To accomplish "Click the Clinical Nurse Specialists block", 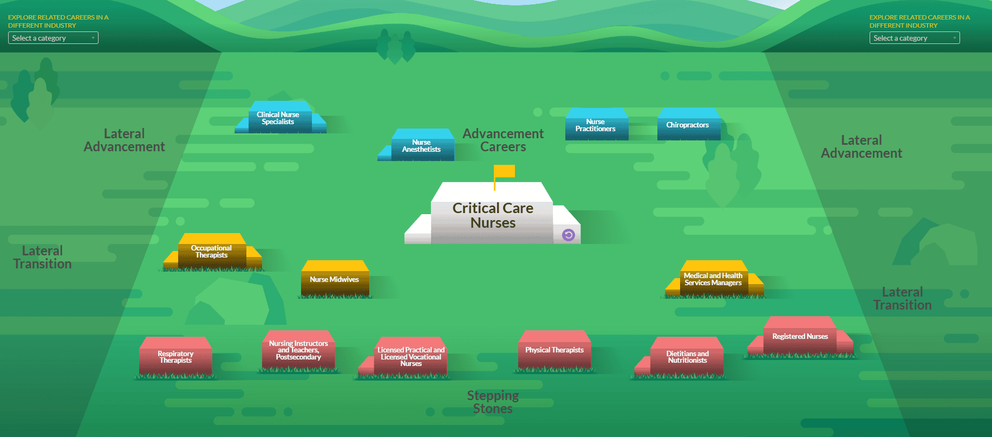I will [x=278, y=119].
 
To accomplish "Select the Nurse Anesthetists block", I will [x=421, y=146].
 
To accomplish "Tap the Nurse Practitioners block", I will [x=596, y=126].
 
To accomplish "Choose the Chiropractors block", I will [x=688, y=126].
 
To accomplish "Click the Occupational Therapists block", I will [x=212, y=252].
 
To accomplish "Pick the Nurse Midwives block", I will [x=335, y=280].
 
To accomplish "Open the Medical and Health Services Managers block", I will [x=713, y=280].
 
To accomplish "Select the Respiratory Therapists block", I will [x=175, y=357].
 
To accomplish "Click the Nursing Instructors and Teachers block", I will [x=298, y=351].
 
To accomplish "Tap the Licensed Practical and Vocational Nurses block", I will [x=411, y=357].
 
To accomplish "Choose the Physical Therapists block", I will [x=554, y=351].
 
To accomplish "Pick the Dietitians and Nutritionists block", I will [x=688, y=357].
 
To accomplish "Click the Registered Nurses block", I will [x=800, y=337].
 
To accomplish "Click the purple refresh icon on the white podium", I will [x=568, y=235].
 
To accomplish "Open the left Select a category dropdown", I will [x=53, y=38].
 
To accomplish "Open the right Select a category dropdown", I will [x=915, y=38].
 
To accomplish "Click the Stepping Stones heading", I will [x=493, y=402].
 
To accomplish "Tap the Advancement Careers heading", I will [x=503, y=140].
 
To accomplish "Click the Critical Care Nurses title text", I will [x=493, y=216].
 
